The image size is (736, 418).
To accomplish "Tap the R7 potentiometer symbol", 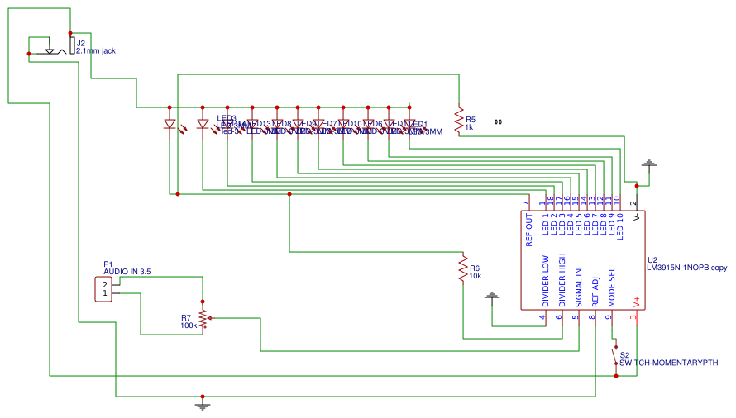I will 203,318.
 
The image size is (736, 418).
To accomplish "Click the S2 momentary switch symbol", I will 614,357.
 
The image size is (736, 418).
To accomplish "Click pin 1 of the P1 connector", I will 105,293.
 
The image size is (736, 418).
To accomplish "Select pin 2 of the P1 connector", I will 105,285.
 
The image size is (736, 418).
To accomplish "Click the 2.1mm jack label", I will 96,51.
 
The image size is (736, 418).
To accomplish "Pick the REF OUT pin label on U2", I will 529,230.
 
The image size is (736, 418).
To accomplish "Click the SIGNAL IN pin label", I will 579,287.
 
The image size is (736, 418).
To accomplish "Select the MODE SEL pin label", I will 612,287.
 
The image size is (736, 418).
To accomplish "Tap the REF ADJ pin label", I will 595,292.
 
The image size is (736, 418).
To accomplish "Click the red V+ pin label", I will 635,302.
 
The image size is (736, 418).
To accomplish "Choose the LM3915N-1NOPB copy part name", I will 687,268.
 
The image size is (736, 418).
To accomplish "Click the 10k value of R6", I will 476,276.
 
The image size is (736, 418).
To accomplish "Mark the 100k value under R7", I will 189,325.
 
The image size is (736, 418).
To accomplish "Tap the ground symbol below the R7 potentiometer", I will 202,404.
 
